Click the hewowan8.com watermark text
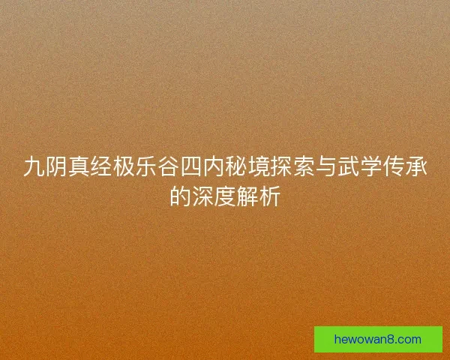pyautogui.click(x=378, y=340)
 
